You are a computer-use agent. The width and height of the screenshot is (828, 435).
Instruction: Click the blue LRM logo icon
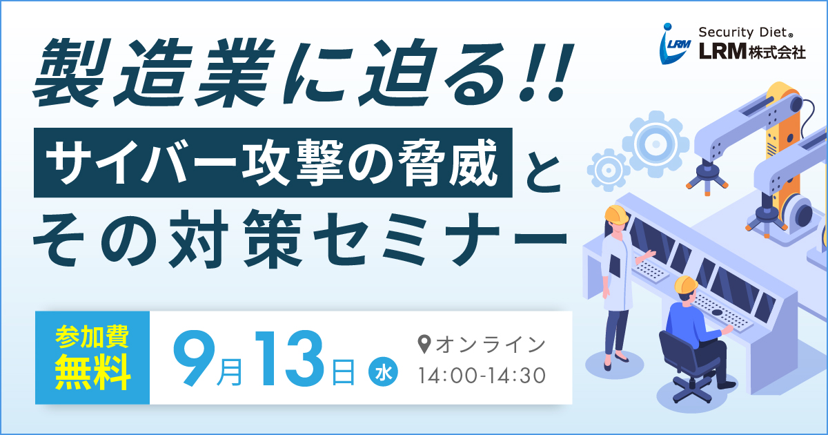click(x=675, y=44)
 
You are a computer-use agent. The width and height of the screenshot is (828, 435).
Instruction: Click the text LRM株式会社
click(x=752, y=52)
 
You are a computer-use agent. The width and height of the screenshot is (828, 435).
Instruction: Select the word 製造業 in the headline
click(x=155, y=72)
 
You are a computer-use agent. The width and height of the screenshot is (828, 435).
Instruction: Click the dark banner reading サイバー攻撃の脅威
click(x=273, y=162)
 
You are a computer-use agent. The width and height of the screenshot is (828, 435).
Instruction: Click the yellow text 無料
click(x=92, y=371)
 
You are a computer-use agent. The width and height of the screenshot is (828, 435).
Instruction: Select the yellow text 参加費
click(x=92, y=336)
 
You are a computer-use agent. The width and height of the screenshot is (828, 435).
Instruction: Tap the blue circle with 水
click(x=383, y=371)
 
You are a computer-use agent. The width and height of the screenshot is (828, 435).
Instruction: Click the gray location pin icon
click(x=424, y=344)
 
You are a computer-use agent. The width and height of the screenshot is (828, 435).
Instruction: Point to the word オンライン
click(x=491, y=345)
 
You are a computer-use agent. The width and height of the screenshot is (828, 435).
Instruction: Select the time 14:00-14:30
click(x=482, y=376)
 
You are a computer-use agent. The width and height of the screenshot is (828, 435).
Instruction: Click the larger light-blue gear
click(x=655, y=144)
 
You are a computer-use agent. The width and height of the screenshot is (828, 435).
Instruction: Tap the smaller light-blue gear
click(x=609, y=170)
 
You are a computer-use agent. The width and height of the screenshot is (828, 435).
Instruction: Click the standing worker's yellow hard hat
click(x=616, y=214)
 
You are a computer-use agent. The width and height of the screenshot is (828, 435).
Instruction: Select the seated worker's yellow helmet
click(x=686, y=285)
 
